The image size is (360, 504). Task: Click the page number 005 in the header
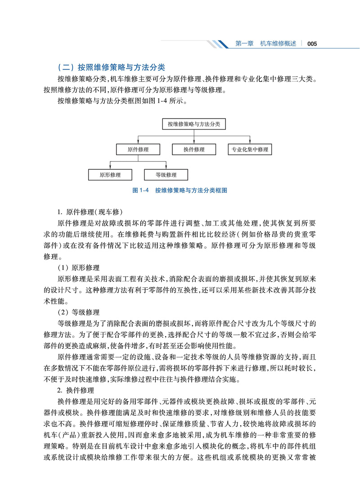(312, 44)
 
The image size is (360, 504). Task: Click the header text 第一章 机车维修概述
(266, 44)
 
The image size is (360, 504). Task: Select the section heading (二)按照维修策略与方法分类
(112, 68)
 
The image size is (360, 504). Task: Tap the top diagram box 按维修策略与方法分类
(194, 124)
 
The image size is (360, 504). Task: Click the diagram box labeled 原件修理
(138, 149)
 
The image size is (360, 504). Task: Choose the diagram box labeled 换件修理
(194, 149)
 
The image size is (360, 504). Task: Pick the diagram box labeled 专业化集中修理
(250, 149)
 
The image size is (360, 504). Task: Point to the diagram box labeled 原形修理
(110, 175)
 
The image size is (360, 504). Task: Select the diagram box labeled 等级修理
(166, 175)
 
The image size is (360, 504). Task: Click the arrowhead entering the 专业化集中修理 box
(250, 142)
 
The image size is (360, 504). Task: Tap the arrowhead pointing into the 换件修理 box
(194, 142)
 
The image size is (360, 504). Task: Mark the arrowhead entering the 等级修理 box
(166, 167)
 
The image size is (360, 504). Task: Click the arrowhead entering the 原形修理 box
(110, 167)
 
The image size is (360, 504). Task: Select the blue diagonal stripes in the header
(220, 44)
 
